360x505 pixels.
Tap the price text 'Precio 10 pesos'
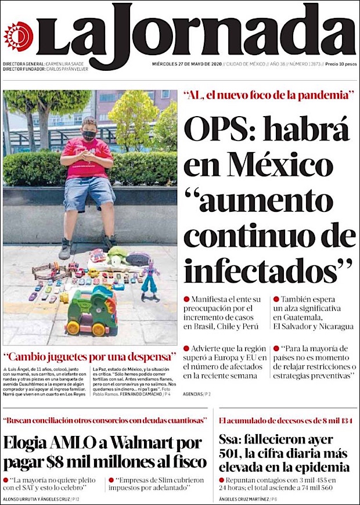pos(340,64)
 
